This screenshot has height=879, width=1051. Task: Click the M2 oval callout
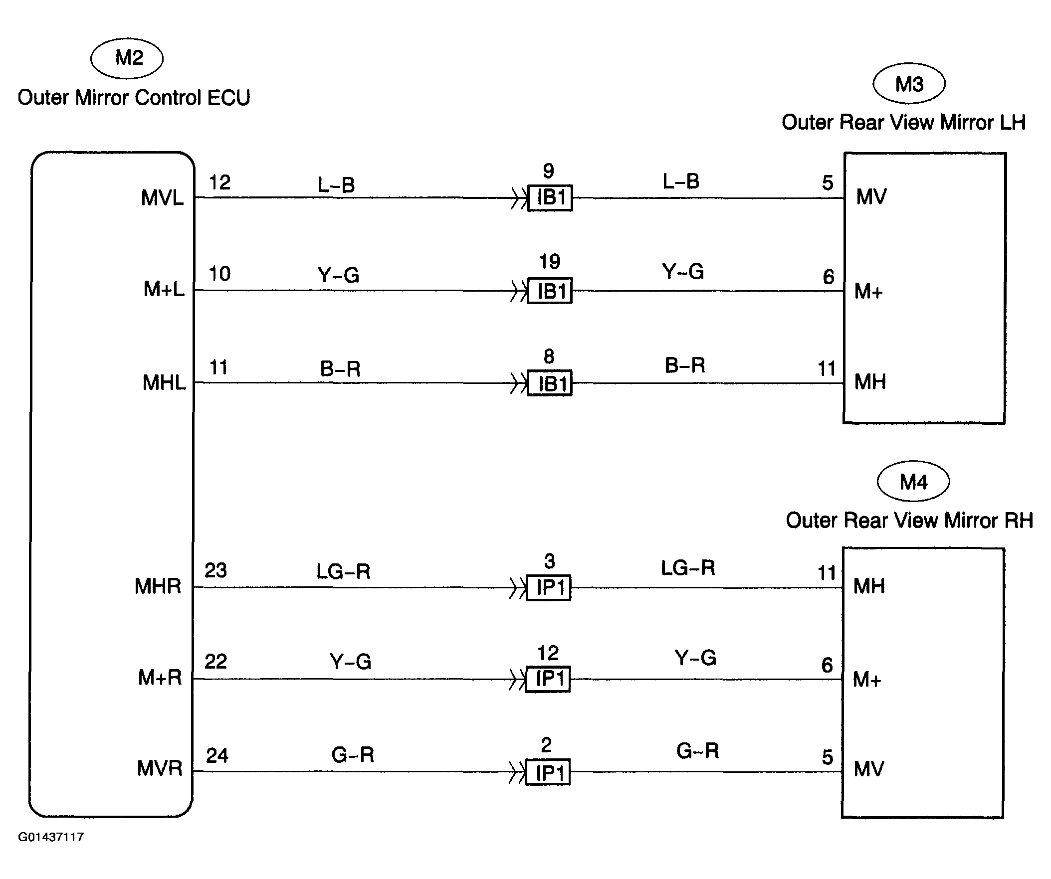point(127,58)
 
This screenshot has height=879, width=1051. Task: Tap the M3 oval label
point(909,84)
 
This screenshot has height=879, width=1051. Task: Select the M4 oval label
point(913,481)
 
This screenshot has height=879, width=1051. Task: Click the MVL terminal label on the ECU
point(162,198)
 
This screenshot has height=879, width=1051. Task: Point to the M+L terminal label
point(164,289)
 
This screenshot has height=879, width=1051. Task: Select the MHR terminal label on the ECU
point(158,586)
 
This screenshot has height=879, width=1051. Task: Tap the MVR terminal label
point(160,768)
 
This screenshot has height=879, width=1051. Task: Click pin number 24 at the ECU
point(217,755)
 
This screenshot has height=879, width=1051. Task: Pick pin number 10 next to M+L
point(219,274)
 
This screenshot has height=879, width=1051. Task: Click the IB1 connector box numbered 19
point(550,291)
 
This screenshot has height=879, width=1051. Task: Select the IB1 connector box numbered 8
point(550,384)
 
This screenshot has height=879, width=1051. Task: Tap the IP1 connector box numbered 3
point(549,588)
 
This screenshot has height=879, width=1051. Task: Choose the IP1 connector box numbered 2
point(548,773)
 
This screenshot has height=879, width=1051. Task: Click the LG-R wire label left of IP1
point(343,571)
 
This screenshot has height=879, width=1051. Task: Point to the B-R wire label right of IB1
point(685,365)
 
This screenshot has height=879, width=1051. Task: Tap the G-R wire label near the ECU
point(353,755)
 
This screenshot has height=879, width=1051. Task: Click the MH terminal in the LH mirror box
point(870,382)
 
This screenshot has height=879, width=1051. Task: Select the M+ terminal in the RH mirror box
point(867,680)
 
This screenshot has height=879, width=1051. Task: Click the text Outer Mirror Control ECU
point(134,98)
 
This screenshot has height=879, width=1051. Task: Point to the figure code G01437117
point(51,838)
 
